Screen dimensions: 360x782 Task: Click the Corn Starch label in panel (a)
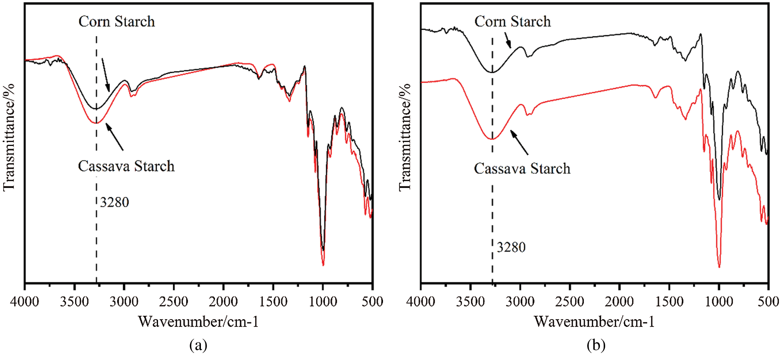tap(116, 22)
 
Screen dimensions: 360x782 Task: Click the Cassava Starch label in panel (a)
tap(126, 166)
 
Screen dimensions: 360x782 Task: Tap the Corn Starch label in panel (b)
tap(512, 22)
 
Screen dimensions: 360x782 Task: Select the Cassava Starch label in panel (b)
tap(522, 168)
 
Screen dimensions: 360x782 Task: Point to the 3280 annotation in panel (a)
tap(114, 202)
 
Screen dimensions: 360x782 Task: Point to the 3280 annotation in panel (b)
tap(511, 247)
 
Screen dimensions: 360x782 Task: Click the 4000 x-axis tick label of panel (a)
tap(25, 301)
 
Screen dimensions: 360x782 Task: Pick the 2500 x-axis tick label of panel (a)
tap(174, 301)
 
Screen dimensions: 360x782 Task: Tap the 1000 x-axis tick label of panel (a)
tap(323, 301)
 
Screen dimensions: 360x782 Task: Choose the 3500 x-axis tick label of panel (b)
tap(470, 301)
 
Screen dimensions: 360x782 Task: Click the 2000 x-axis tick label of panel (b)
tap(619, 301)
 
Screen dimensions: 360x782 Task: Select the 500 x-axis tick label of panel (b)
tap(768, 301)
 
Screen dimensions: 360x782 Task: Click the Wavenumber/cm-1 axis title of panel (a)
tap(199, 322)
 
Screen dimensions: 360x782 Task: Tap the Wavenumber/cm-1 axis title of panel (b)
tap(594, 322)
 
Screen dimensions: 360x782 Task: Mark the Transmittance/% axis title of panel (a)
tap(9, 137)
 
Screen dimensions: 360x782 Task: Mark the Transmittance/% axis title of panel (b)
tap(405, 137)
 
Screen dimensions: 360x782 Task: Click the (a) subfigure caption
tap(198, 345)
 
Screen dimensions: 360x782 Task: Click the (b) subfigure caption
tap(596, 345)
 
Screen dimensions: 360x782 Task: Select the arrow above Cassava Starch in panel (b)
tap(519, 143)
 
